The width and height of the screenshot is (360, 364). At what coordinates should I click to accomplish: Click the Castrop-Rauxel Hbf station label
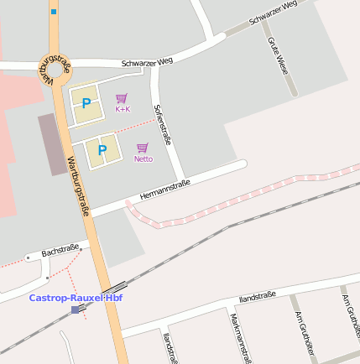tap(76, 298)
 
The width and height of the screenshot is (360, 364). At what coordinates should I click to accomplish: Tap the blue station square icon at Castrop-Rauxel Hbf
tap(76, 309)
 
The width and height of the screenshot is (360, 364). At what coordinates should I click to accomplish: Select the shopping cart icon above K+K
tap(122, 98)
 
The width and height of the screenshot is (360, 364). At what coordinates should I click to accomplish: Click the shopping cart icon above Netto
tap(143, 148)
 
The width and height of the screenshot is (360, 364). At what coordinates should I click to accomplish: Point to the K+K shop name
tap(123, 109)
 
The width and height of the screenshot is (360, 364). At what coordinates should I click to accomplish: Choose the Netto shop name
tap(143, 159)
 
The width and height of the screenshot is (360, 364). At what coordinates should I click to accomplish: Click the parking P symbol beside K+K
tap(86, 104)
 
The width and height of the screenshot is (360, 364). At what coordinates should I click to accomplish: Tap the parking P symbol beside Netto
tap(102, 150)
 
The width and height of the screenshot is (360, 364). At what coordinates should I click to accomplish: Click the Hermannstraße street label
tap(164, 190)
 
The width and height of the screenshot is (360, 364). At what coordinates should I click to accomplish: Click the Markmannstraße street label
tap(239, 337)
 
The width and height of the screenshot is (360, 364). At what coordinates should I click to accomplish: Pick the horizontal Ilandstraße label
tap(257, 297)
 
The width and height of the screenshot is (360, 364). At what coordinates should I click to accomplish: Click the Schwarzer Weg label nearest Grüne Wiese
tap(274, 14)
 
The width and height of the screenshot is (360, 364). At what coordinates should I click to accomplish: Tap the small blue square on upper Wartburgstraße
tap(54, 12)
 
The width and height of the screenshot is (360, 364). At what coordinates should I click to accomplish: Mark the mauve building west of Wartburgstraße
tap(51, 144)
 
